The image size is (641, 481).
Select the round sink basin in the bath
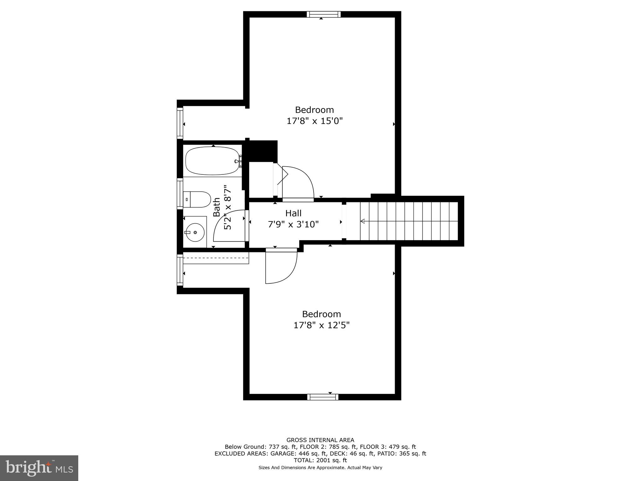click(195, 232)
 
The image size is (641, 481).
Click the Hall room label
click(293, 213)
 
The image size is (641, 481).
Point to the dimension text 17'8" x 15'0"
click(315, 121)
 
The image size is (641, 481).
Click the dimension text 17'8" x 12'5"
click(321, 325)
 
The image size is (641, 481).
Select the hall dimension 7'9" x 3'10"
click(293, 224)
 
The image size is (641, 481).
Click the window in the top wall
click(324, 14)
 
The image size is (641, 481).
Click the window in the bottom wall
click(323, 397)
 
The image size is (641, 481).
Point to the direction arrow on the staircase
click(363, 221)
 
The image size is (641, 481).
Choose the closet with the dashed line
click(216, 258)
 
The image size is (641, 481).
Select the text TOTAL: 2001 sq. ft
click(320, 460)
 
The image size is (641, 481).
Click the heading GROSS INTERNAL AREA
click(320, 440)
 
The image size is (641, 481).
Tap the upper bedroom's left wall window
click(180, 123)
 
